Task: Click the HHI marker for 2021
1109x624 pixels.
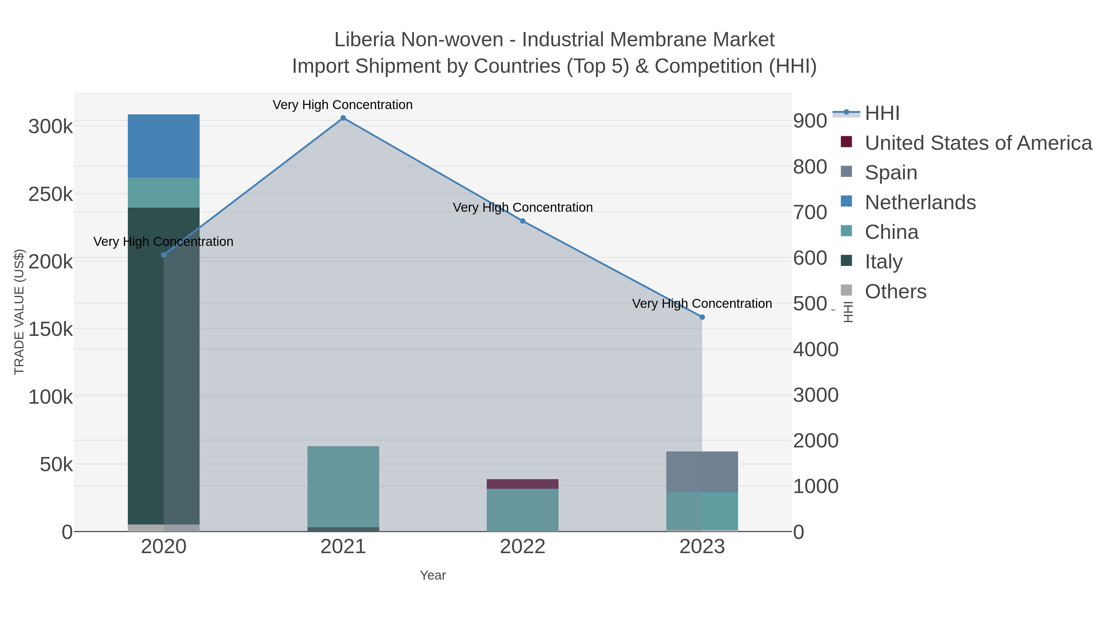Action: pyautogui.click(x=343, y=118)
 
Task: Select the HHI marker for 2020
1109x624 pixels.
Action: pyautogui.click(x=164, y=255)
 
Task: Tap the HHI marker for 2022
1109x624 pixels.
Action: pyautogui.click(x=523, y=221)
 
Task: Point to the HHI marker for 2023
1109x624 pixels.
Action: pyautogui.click(x=702, y=317)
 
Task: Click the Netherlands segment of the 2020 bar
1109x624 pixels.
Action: pyautogui.click(x=164, y=146)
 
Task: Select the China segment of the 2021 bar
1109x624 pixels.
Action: pyautogui.click(x=343, y=486)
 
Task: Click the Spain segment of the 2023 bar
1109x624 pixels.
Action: pyautogui.click(x=702, y=471)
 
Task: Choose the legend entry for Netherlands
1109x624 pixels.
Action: pyautogui.click(x=920, y=202)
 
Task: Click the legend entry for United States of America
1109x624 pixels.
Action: pyautogui.click(x=978, y=143)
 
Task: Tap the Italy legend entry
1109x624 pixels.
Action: pyautogui.click(x=884, y=262)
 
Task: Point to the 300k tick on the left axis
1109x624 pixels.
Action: pyautogui.click(x=51, y=127)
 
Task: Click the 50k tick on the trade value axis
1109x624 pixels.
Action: pyautogui.click(x=56, y=465)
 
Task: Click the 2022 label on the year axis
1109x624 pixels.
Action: pyautogui.click(x=523, y=547)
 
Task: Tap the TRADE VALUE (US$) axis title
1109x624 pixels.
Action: pyautogui.click(x=19, y=312)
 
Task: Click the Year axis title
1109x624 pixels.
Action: pyautogui.click(x=433, y=575)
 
